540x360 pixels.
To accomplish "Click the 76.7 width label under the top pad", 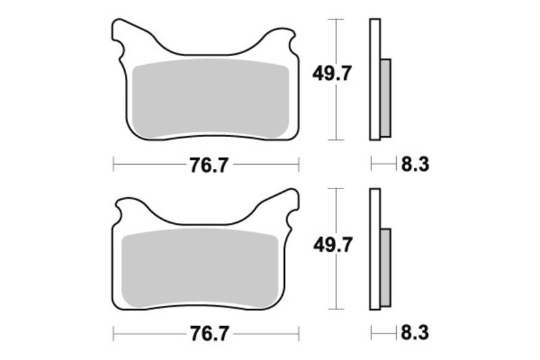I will [207, 164].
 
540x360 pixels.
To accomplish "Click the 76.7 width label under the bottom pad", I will [207, 334].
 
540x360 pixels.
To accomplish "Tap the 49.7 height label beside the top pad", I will [331, 73].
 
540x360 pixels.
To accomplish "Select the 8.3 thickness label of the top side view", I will [415, 164].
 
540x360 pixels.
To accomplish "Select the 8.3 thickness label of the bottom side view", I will [415, 334].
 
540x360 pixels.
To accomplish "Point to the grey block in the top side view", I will [385, 97].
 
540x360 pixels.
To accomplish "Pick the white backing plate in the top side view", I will [375, 80].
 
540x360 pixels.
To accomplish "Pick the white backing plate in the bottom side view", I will [375, 250].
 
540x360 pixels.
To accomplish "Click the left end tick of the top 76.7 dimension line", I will [113, 164].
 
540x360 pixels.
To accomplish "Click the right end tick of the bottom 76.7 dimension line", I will [298, 334].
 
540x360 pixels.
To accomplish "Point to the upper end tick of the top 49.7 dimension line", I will [335, 20].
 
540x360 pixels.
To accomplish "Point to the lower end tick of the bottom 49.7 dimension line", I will [335, 309].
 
